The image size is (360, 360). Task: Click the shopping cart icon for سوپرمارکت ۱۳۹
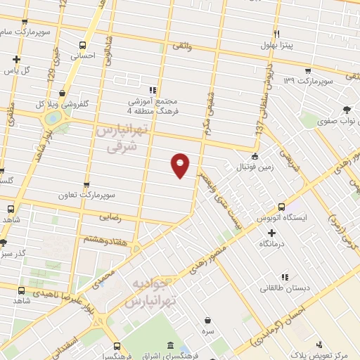[309, 71]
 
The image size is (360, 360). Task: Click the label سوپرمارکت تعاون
[106, 193]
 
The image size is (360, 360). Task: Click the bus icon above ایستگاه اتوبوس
[281, 207]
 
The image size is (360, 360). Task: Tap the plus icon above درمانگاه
[271, 232]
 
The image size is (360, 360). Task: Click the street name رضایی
[113, 218]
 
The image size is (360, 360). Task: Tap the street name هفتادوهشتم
[103, 240]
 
